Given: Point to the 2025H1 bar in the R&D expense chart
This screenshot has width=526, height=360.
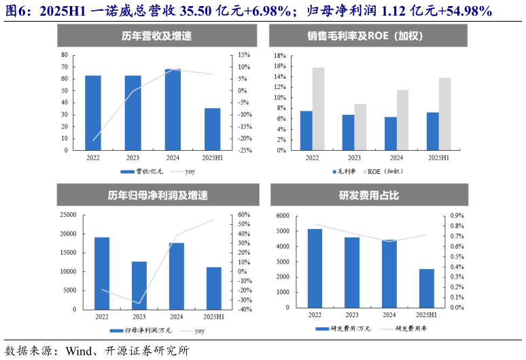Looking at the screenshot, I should point(426,288).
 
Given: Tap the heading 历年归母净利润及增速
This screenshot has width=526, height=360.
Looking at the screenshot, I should point(158,196).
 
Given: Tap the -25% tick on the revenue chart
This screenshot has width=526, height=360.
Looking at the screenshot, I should point(245,150).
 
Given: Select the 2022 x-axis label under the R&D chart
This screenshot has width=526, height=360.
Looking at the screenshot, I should point(315,315).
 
